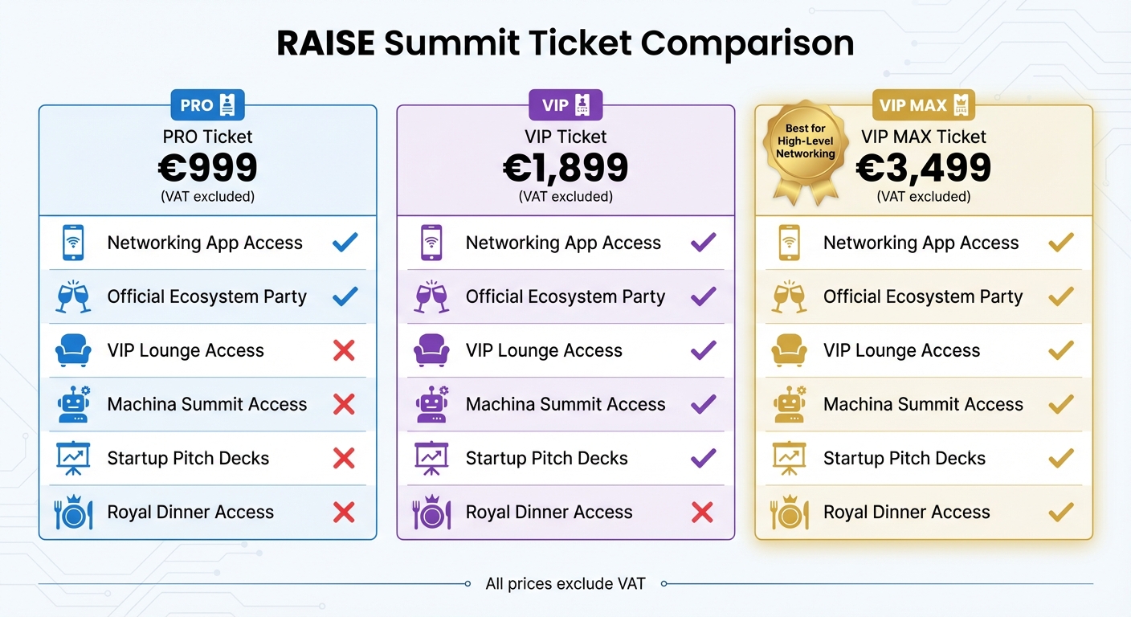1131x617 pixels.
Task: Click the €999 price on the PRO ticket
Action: (207, 168)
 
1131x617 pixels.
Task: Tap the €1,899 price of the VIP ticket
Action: (565, 168)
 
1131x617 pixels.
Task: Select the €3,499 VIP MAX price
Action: (923, 168)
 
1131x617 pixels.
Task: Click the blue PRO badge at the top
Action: (207, 104)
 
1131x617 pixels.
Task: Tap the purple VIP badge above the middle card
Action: (565, 104)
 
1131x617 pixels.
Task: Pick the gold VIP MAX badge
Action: (923, 104)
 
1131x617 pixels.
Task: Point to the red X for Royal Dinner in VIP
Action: (702, 513)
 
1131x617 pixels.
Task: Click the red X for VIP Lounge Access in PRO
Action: (344, 350)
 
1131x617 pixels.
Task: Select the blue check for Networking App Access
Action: (345, 243)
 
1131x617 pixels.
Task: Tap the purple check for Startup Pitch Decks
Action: (703, 458)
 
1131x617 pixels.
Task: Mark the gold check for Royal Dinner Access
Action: (1061, 513)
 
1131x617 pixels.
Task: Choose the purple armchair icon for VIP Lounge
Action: (431, 350)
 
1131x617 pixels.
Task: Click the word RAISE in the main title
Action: (325, 43)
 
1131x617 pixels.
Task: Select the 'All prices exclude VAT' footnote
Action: (565, 584)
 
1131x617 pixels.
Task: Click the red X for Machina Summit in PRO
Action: (344, 404)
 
